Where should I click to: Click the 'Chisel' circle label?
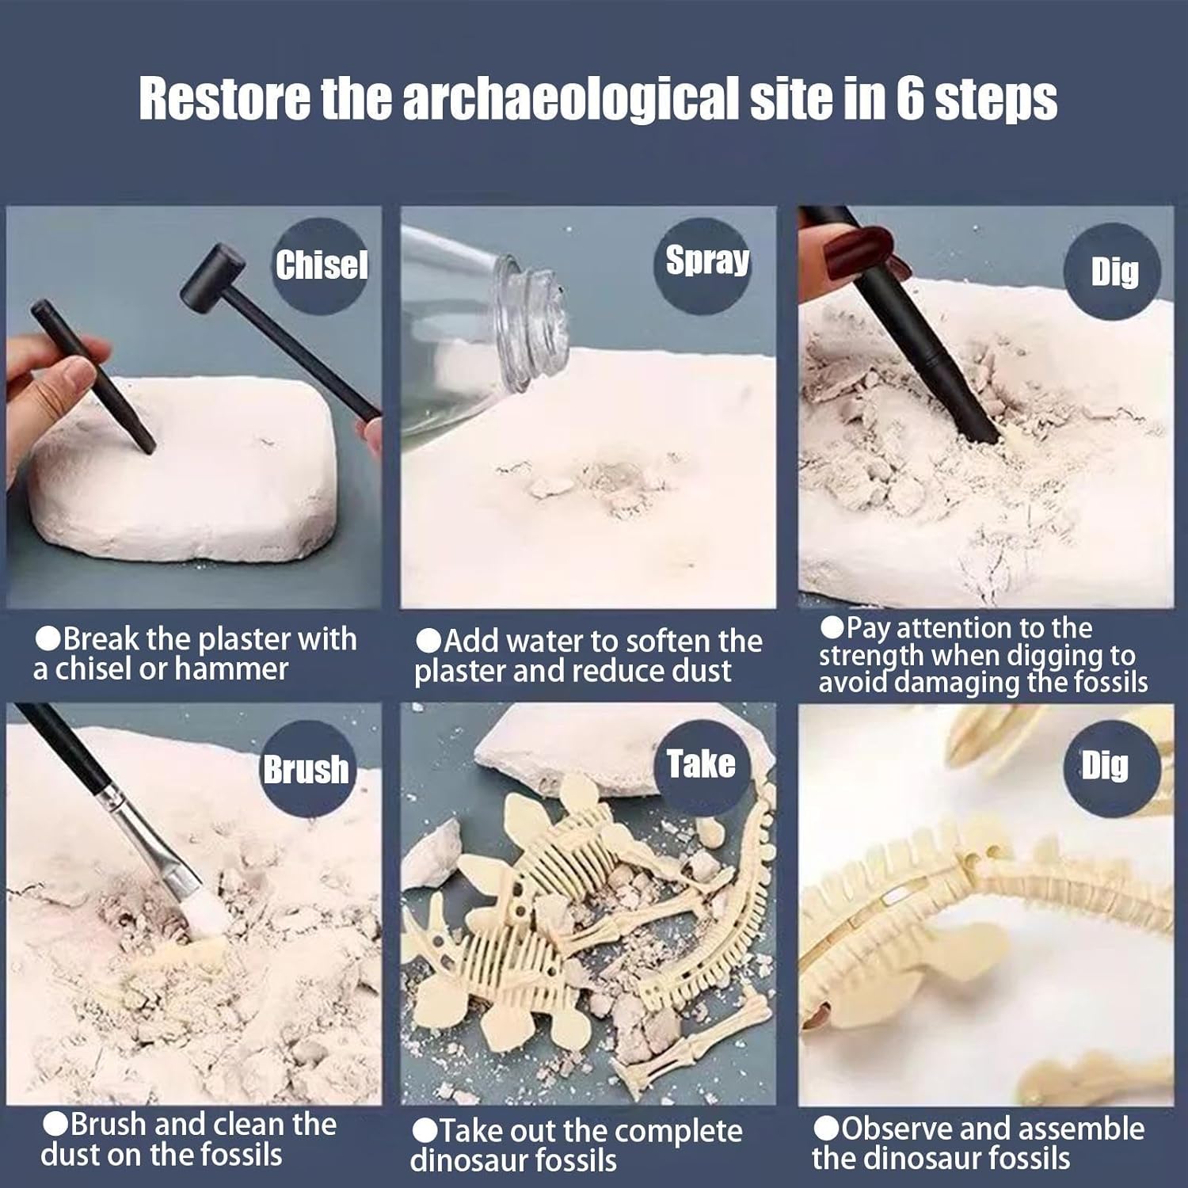322,265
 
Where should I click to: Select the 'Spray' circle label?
706,261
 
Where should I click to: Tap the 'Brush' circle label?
307,769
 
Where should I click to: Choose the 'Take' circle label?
701,763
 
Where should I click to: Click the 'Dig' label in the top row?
1114,272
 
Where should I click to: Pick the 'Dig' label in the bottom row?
1105,766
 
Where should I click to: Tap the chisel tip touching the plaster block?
148,448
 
